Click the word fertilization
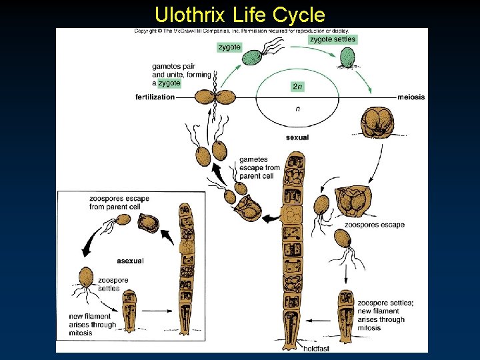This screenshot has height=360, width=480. (155, 97)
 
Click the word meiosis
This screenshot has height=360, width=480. (411, 97)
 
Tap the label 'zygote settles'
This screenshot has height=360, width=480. (333, 39)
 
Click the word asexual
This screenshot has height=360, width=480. (130, 261)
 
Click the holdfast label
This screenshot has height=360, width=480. (317, 348)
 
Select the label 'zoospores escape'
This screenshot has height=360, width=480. (374, 225)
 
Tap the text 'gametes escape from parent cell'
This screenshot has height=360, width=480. (259, 168)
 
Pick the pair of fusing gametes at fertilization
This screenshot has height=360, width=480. (215, 97)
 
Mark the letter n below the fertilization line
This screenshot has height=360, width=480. (297, 109)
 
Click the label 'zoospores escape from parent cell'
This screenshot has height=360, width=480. (119, 203)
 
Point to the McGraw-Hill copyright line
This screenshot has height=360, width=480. (241, 31)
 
